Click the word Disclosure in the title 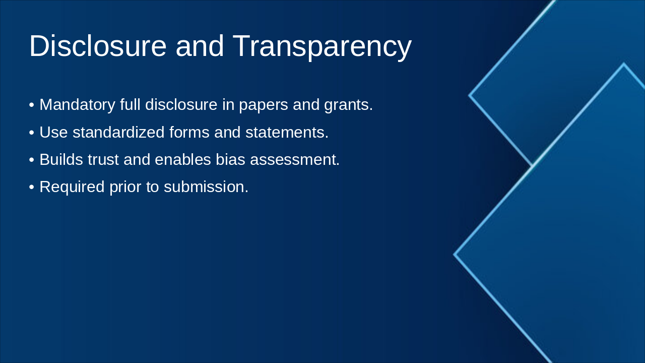(98, 46)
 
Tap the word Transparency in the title (322, 46)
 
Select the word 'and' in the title (200, 46)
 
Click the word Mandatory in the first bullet (77, 105)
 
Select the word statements (286, 133)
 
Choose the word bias (230, 160)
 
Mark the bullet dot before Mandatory (32, 105)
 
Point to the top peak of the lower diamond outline (623, 64)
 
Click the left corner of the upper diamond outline (470, 95)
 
